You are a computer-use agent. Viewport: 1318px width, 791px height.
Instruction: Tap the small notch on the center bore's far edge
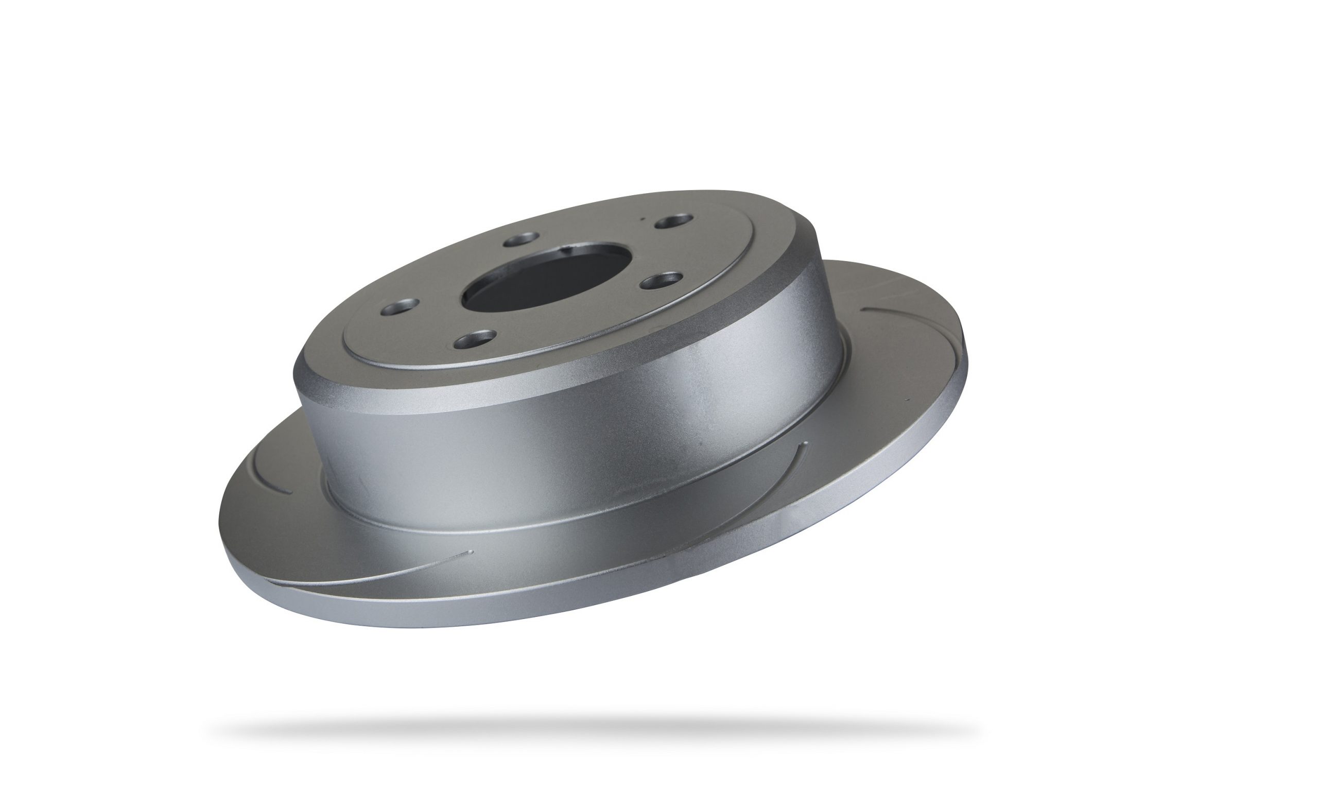(570, 248)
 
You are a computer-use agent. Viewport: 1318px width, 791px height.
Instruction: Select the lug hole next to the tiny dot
(673, 221)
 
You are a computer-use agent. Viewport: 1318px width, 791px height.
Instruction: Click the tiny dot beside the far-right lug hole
(644, 217)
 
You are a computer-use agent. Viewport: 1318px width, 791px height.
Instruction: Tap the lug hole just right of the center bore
(662, 279)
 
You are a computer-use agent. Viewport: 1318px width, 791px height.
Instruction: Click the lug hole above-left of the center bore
(519, 239)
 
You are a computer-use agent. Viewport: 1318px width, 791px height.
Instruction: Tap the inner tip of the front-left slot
(469, 552)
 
